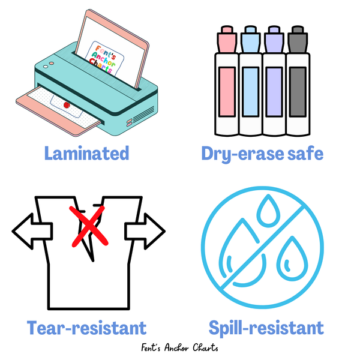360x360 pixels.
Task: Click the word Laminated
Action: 86,154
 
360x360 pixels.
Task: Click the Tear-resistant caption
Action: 86,328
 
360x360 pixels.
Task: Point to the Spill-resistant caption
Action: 266,328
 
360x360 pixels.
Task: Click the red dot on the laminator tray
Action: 67,104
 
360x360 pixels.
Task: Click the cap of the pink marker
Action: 227,37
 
